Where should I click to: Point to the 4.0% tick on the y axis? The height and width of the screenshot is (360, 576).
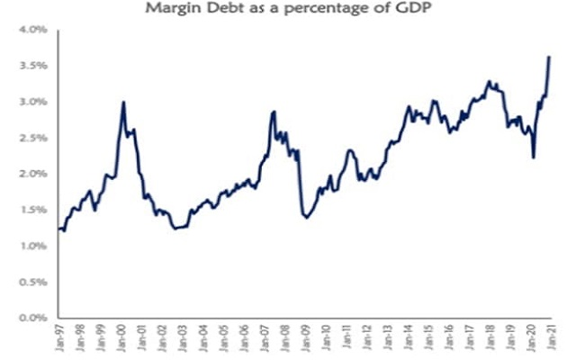[32, 30]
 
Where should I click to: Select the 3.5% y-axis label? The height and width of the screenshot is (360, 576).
[32, 66]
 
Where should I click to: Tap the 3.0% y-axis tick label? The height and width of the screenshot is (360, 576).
[32, 102]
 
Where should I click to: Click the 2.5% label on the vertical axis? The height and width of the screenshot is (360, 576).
[32, 138]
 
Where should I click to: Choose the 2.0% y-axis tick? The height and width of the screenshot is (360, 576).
[32, 174]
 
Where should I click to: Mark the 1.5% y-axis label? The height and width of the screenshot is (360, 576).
[32, 210]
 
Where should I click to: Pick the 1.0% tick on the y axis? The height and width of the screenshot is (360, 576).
[32, 246]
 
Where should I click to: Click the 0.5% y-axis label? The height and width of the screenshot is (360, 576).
[32, 282]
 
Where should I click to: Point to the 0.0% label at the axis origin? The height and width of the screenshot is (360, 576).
[32, 318]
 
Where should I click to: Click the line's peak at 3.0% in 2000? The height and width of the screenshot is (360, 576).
[123, 103]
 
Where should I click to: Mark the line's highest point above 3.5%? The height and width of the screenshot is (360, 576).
[549, 58]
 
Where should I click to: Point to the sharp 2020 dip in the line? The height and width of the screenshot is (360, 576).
[534, 157]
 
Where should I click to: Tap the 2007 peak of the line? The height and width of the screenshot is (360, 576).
[273, 112]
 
